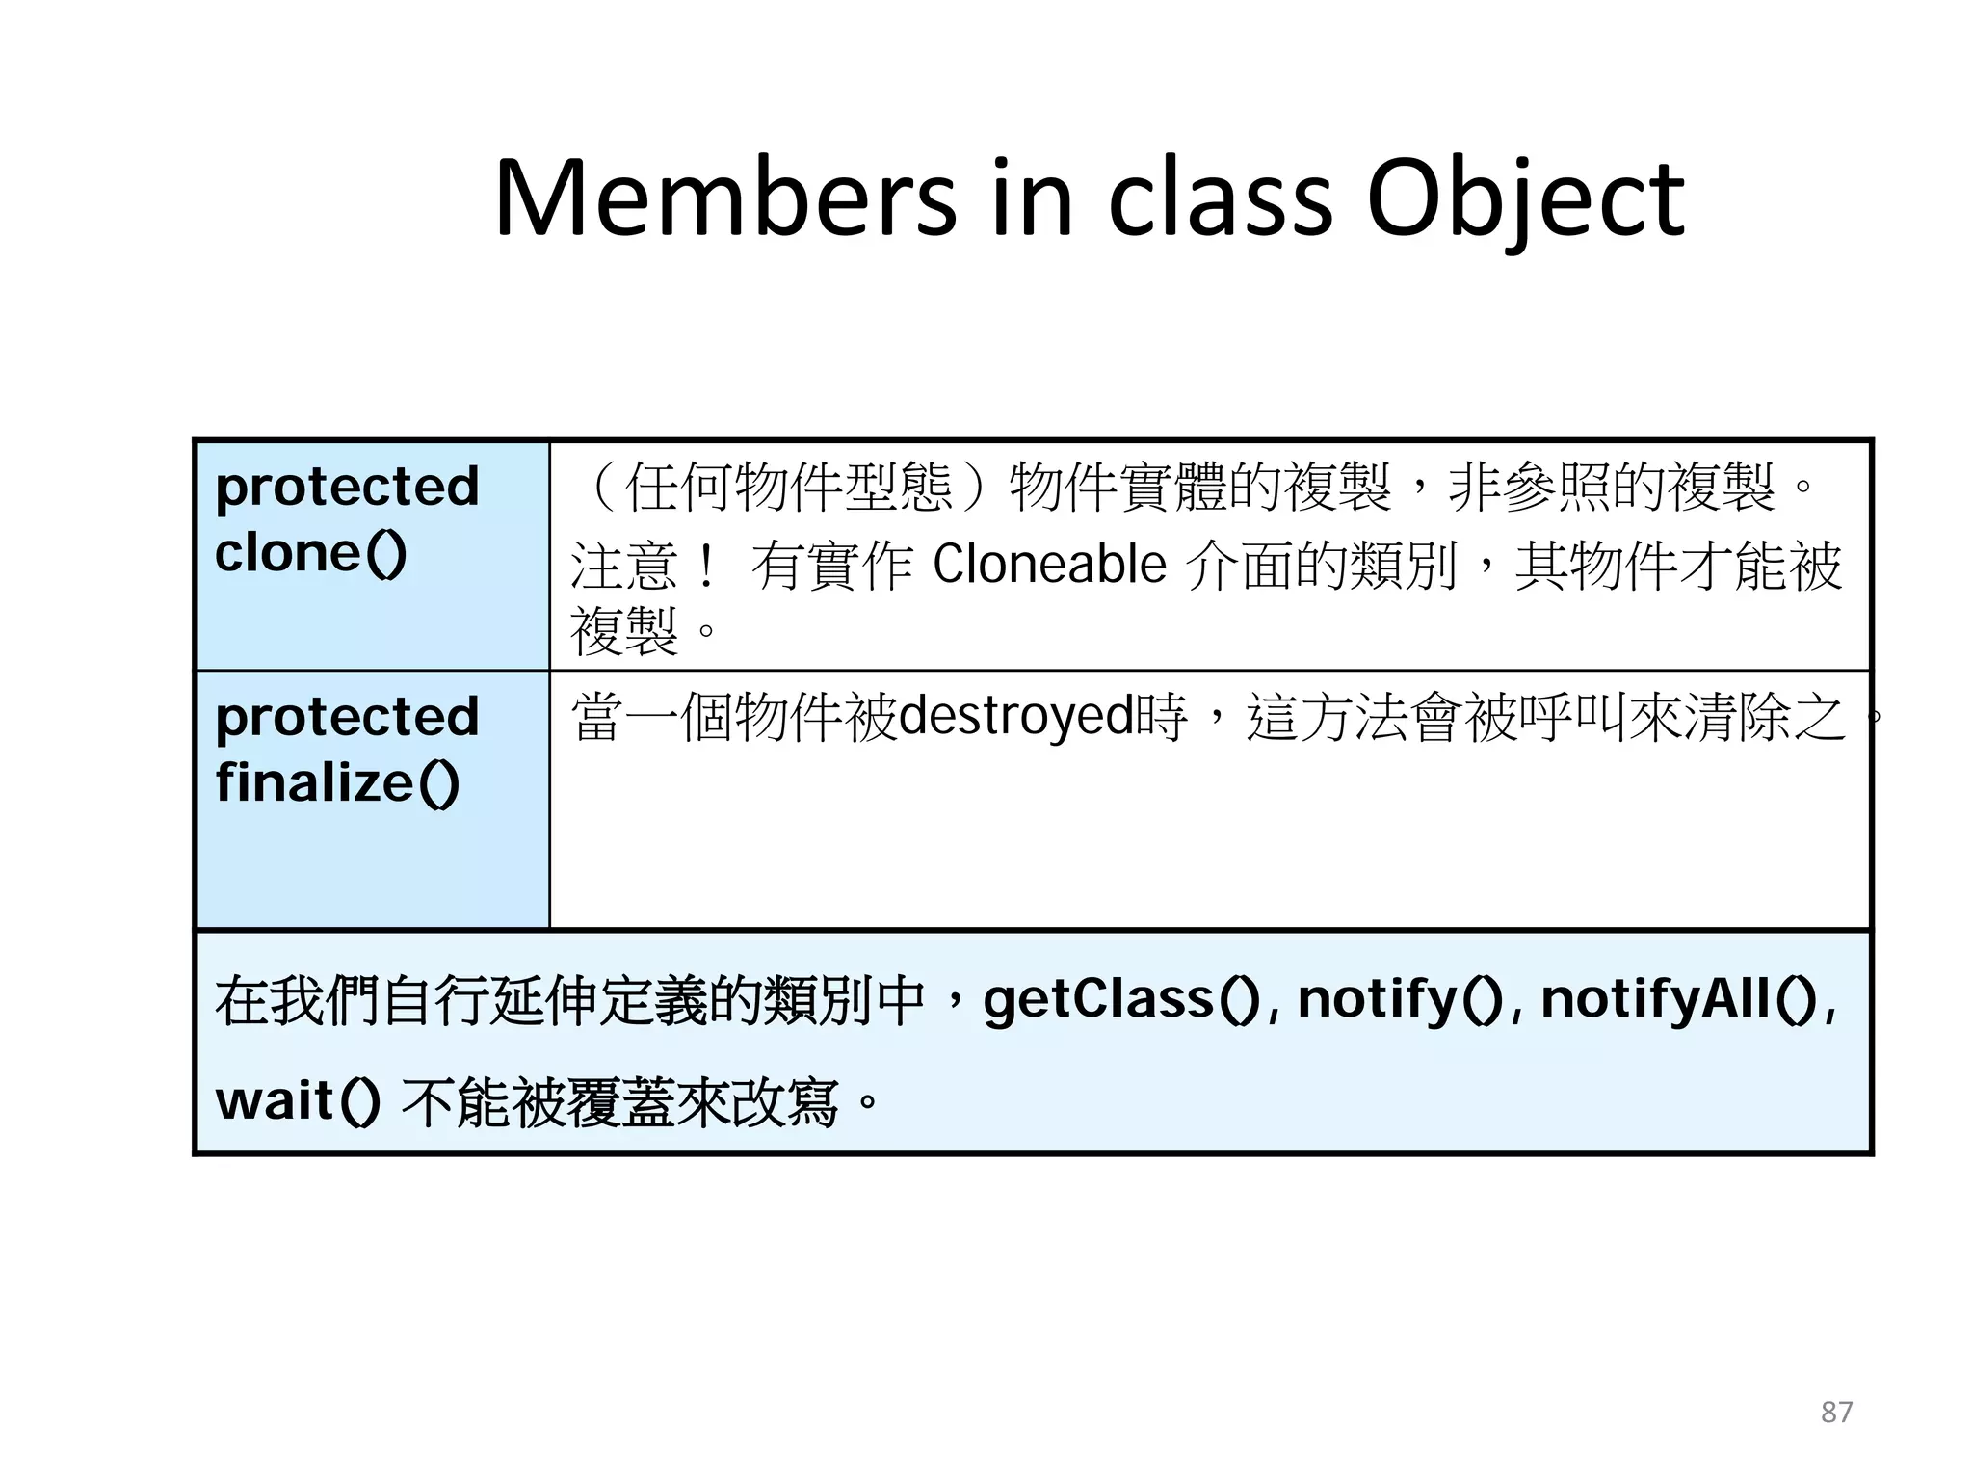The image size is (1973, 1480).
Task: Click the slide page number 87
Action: coord(1836,1412)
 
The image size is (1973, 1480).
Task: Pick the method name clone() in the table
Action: coord(310,554)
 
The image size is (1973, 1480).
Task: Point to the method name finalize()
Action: coord(337,783)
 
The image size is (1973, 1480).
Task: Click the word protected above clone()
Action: coord(347,487)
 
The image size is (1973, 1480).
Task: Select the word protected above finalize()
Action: coord(347,717)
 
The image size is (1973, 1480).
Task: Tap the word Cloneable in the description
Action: coord(1049,565)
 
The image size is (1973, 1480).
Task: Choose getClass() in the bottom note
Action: coord(1120,999)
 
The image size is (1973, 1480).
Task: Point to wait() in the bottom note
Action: coord(297,1101)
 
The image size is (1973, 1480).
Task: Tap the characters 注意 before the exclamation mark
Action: coord(624,566)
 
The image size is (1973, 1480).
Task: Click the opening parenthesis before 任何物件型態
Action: coord(601,487)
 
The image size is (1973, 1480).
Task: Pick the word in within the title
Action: coord(1032,199)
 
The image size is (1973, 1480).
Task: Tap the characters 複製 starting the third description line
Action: coord(624,632)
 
